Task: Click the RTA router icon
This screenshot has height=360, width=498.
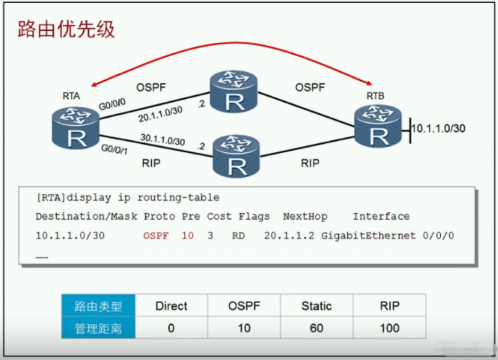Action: click(x=75, y=128)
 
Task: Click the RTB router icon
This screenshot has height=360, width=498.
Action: click(x=378, y=126)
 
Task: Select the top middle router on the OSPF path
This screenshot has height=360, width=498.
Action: click(x=233, y=91)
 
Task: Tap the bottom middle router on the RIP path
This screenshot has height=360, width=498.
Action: click(x=236, y=156)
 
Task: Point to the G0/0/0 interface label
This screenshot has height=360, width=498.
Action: click(x=112, y=104)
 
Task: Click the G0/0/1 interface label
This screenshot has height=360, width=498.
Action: click(x=115, y=149)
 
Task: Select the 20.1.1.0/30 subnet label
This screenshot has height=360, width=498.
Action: click(x=160, y=114)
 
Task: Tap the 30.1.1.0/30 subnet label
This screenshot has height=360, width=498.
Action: click(x=162, y=139)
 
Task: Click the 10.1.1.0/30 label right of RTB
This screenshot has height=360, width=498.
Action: click(x=439, y=128)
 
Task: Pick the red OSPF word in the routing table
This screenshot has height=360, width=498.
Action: click(x=156, y=235)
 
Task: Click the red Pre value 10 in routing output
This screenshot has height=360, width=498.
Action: click(x=188, y=235)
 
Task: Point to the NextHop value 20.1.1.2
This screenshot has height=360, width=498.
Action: click(x=289, y=235)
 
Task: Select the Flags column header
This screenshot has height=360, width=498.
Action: click(x=254, y=216)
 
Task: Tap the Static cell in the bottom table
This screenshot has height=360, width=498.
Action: click(x=317, y=306)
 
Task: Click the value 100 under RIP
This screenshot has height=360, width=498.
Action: click(x=390, y=328)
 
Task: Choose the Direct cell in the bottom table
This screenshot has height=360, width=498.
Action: click(x=172, y=306)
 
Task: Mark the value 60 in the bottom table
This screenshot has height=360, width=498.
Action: click(x=317, y=328)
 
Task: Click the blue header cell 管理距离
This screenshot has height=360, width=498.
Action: click(x=99, y=327)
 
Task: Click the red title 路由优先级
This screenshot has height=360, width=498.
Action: click(x=66, y=29)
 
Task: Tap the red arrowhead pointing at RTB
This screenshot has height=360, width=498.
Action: click(x=369, y=83)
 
